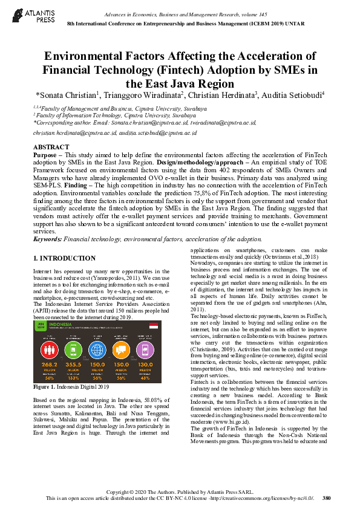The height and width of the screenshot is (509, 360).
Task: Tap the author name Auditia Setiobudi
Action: [x=293, y=95]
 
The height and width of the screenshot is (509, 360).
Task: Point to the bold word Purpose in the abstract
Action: [x=46, y=155]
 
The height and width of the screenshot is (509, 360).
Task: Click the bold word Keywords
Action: [x=47, y=239]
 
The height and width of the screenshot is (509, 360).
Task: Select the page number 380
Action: [x=327, y=498]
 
